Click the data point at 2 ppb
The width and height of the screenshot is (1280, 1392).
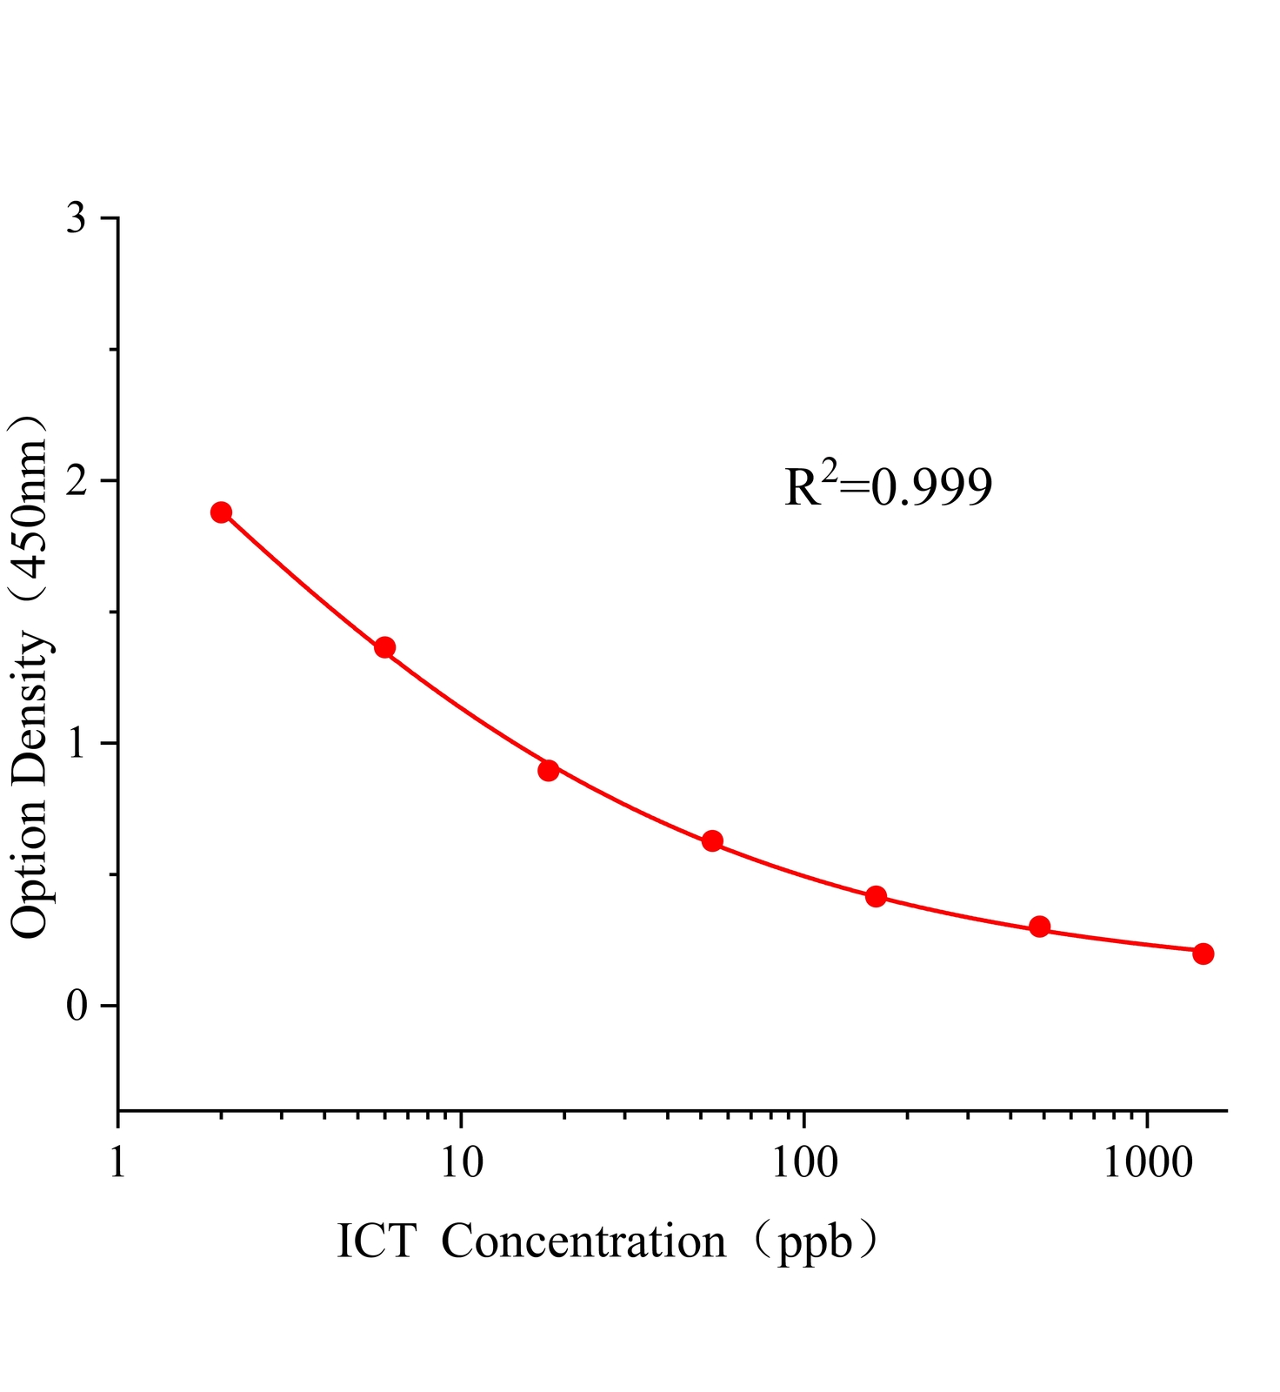221,512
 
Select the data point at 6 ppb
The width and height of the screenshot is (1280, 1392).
384,647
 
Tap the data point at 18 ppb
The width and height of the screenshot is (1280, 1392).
548,770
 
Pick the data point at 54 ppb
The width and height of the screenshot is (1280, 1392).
712,840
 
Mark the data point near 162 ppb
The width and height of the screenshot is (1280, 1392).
876,896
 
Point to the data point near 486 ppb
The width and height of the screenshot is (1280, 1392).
1039,927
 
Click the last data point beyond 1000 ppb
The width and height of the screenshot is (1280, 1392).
1203,954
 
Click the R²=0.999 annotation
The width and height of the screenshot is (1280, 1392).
888,487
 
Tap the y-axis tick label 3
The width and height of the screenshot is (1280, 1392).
77,217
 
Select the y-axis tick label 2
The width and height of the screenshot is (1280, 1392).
77,480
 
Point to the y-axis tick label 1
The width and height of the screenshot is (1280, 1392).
77,743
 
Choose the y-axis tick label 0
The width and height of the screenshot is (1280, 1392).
77,1006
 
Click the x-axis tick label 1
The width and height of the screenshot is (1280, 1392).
117,1163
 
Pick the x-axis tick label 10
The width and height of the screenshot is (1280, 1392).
461,1163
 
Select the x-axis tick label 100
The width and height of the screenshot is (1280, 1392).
803,1163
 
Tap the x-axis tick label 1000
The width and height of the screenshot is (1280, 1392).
1147,1163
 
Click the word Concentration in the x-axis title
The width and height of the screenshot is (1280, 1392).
583,1241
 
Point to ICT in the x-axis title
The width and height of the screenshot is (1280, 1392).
376,1241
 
